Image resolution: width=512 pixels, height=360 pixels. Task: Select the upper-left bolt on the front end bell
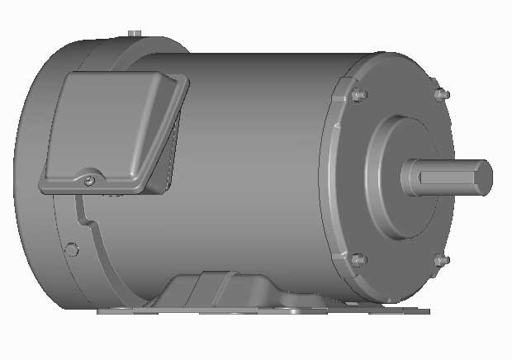[358, 95]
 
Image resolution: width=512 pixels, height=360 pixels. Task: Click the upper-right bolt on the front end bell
[440, 95]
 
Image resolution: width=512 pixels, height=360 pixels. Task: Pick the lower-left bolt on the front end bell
[358, 260]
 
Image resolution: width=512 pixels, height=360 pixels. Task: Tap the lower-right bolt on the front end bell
[440, 261]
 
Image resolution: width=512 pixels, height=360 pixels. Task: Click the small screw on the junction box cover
[89, 177]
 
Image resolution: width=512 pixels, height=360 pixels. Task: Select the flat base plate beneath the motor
[264, 311]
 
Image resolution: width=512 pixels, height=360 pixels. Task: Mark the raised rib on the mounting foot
[198, 289]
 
